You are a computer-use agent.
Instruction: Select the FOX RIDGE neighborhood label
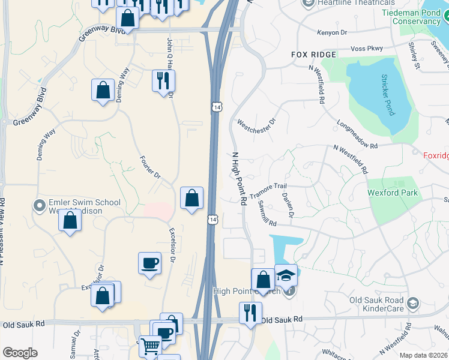pos(315,54)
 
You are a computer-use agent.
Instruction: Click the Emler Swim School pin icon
pos(40,206)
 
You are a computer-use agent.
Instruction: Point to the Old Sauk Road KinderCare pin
pos(412,304)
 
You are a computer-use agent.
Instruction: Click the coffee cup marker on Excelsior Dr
pos(149,262)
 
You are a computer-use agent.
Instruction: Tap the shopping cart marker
pos(149,345)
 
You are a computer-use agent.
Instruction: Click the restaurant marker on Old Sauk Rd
pos(250,313)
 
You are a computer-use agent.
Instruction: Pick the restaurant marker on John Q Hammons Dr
pos(163,80)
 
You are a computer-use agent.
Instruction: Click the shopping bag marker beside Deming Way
pos(103,91)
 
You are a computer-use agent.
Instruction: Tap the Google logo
pos(20,353)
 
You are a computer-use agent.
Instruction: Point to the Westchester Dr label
pos(256,122)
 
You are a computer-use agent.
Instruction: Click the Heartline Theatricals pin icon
pos(309,4)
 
